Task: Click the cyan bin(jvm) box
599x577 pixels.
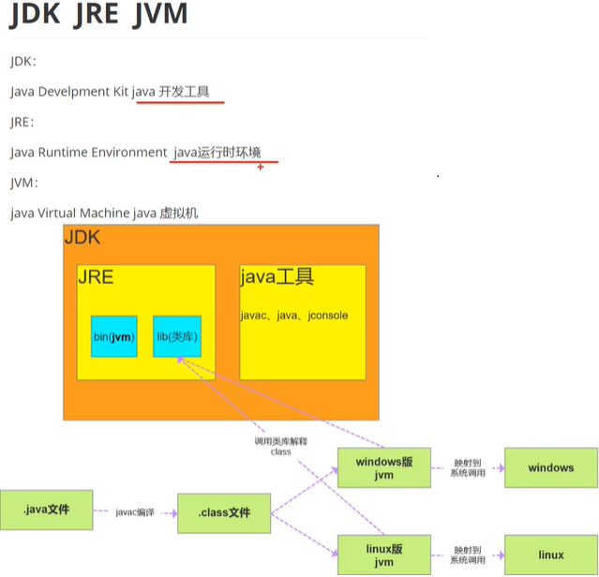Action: tap(113, 336)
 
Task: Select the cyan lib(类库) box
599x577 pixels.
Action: tap(177, 336)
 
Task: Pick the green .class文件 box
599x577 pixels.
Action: tap(224, 512)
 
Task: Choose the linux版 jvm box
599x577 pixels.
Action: tap(384, 555)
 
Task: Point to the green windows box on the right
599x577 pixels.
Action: tap(550, 467)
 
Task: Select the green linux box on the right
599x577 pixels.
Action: tap(550, 555)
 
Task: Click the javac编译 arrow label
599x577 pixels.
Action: tap(134, 512)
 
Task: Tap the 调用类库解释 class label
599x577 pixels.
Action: tap(280, 446)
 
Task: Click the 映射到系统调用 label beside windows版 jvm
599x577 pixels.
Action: tap(468, 467)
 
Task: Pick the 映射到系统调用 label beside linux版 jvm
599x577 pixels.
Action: tap(468, 555)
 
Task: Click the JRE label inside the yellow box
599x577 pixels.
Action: tap(95, 278)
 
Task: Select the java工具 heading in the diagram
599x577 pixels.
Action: tap(277, 277)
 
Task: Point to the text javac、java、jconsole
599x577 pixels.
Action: tap(293, 316)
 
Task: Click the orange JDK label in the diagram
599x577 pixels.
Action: tap(82, 238)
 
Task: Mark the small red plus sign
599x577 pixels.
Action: tap(260, 167)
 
